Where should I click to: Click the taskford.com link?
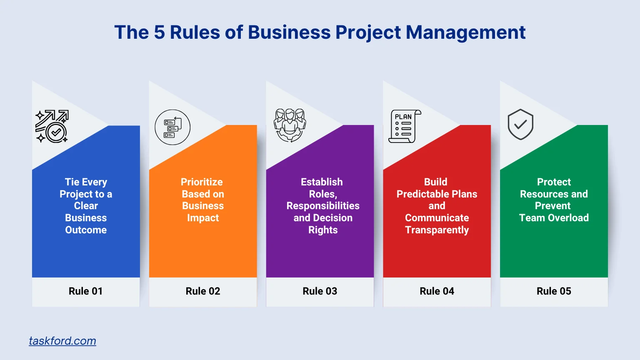coord(62,341)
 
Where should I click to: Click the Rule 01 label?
coord(85,291)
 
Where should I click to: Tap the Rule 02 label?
coord(203,291)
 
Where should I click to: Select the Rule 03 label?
coord(320,291)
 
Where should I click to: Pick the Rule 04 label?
coord(437,291)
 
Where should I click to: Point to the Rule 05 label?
coord(554,291)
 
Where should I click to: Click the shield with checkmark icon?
coord(520,125)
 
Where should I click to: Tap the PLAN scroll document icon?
coord(404,126)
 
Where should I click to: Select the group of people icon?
coord(290,125)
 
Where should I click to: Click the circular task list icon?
coord(172,127)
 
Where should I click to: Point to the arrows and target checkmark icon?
coord(52,126)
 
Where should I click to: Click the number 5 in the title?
coord(159,32)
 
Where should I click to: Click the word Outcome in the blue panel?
coord(86,230)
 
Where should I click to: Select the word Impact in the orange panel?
coord(203,218)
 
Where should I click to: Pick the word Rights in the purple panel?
coord(323,230)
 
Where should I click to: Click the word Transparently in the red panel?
coord(437,230)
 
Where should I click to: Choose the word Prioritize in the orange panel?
coord(202,182)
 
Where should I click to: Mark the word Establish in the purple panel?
coord(322,182)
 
